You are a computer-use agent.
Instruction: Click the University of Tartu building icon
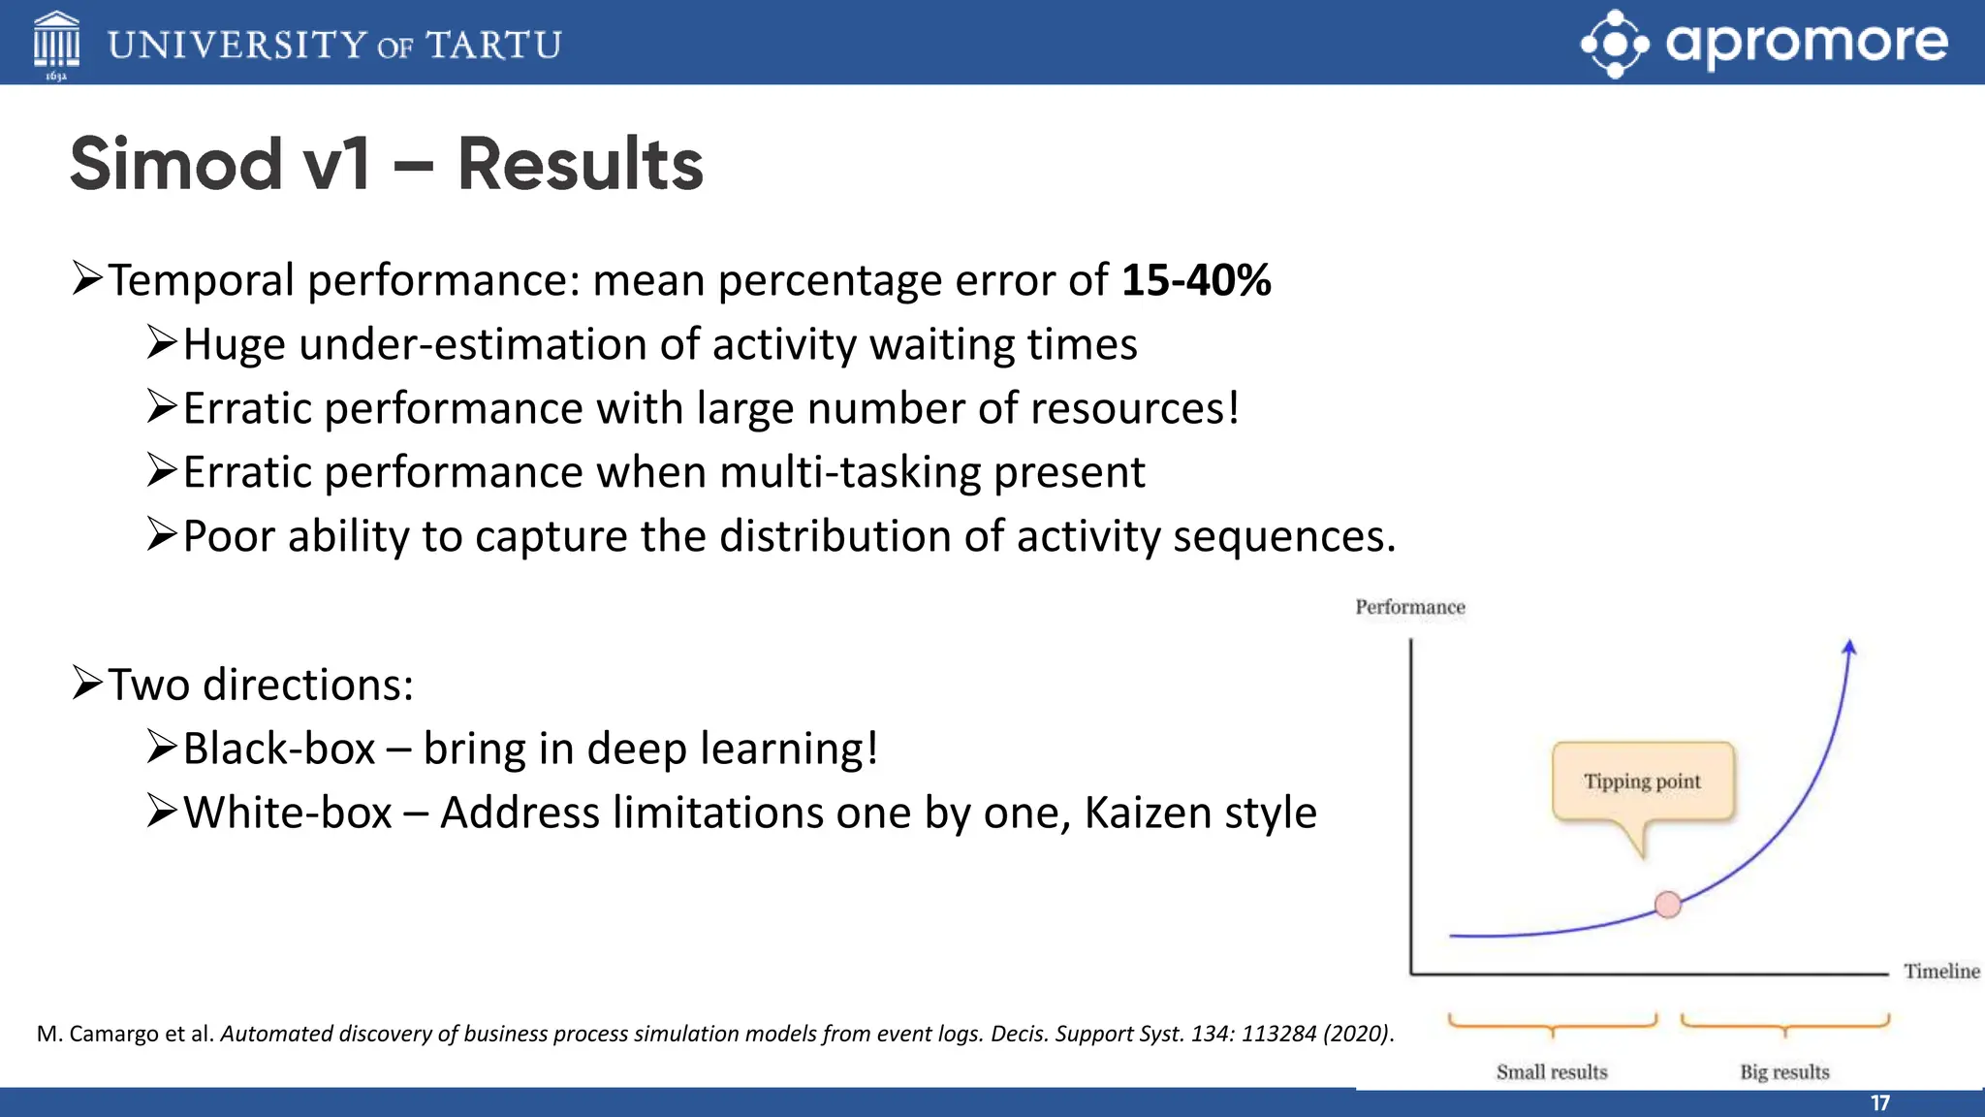click(x=56, y=43)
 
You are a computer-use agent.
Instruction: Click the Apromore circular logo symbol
click(x=1614, y=44)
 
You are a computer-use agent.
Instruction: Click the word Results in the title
click(x=580, y=164)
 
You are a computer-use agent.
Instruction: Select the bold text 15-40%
click(x=1196, y=280)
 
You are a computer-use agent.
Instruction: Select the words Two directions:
click(x=260, y=685)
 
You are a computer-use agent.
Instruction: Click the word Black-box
click(x=278, y=749)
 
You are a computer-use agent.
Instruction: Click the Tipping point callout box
click(x=1642, y=782)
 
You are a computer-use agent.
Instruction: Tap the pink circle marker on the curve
click(x=1667, y=905)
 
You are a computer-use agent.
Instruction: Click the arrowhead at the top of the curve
click(x=1849, y=648)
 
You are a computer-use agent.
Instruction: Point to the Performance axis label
click(x=1409, y=607)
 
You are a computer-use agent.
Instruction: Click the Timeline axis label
click(x=1940, y=971)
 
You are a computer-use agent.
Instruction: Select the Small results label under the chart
click(x=1551, y=1071)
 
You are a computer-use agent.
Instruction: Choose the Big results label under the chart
click(x=1784, y=1071)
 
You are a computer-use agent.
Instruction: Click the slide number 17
click(x=1879, y=1102)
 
